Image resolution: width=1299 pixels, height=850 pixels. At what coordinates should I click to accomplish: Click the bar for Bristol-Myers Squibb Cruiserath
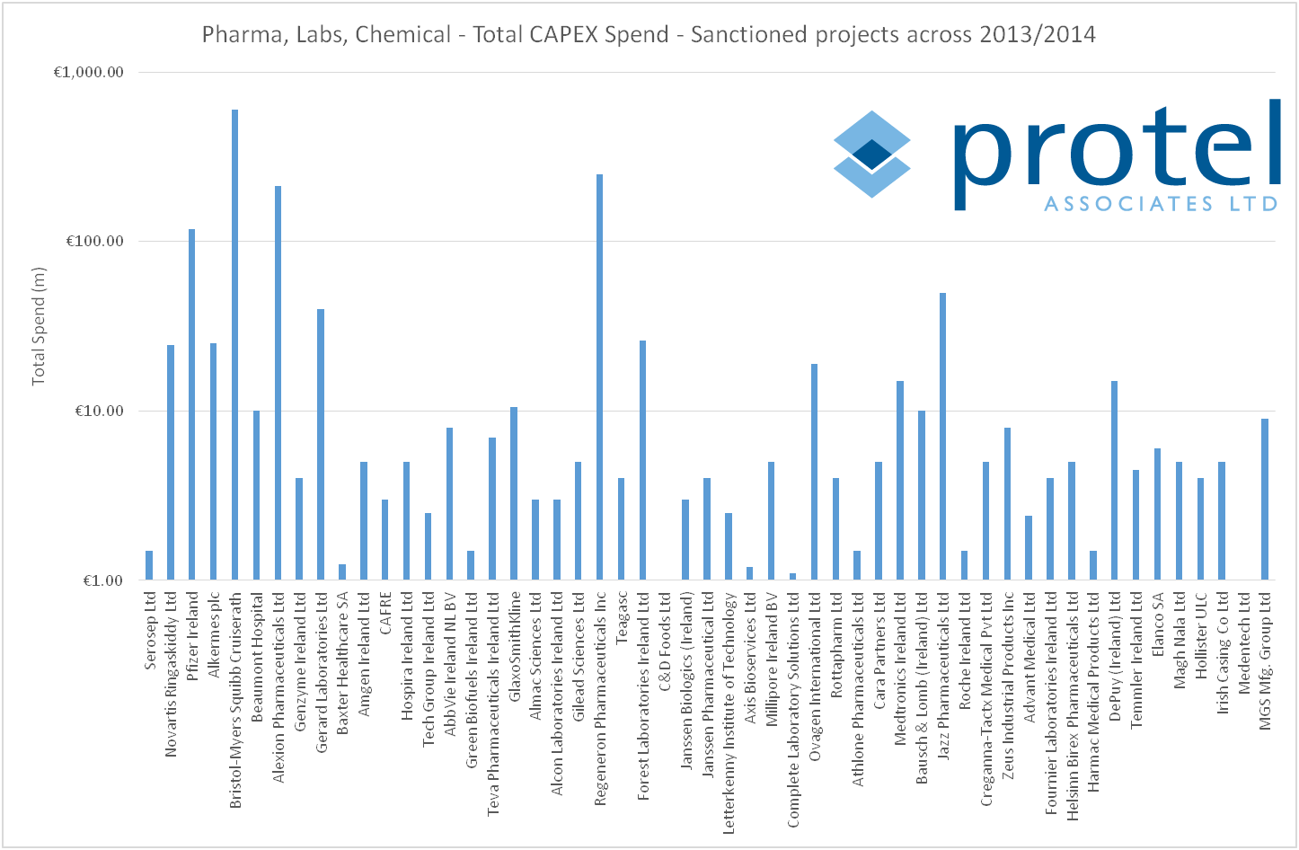point(234,345)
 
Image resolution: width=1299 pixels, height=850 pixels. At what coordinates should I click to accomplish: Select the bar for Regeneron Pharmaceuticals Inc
point(599,377)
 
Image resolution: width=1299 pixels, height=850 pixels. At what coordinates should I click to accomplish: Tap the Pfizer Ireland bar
point(191,404)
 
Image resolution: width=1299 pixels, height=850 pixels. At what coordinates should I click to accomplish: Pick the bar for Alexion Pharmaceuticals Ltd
point(278,383)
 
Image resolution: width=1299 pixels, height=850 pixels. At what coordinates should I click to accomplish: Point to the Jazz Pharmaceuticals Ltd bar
point(942,437)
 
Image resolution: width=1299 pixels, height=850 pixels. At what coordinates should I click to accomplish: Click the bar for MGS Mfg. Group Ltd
point(1264,500)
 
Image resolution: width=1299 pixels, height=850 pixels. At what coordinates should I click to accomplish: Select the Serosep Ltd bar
point(149,565)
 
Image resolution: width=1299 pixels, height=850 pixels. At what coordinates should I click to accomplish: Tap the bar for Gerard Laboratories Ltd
point(321,445)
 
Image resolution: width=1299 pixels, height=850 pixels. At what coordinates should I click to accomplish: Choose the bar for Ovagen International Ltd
point(814,472)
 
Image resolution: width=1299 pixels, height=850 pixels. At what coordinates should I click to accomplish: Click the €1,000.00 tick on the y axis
point(89,73)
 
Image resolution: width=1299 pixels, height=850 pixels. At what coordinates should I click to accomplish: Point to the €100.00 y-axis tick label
point(93,242)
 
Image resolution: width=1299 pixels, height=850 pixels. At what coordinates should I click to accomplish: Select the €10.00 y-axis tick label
point(97,412)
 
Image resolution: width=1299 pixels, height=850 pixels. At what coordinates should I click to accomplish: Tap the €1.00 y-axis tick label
point(101,580)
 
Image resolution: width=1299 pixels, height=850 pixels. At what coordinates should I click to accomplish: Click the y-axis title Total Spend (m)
point(38,326)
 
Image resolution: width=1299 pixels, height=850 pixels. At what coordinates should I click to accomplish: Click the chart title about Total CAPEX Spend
point(649,34)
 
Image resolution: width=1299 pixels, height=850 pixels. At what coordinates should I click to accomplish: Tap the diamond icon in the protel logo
point(871,154)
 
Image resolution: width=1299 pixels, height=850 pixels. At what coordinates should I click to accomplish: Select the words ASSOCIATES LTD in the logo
point(1160,204)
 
